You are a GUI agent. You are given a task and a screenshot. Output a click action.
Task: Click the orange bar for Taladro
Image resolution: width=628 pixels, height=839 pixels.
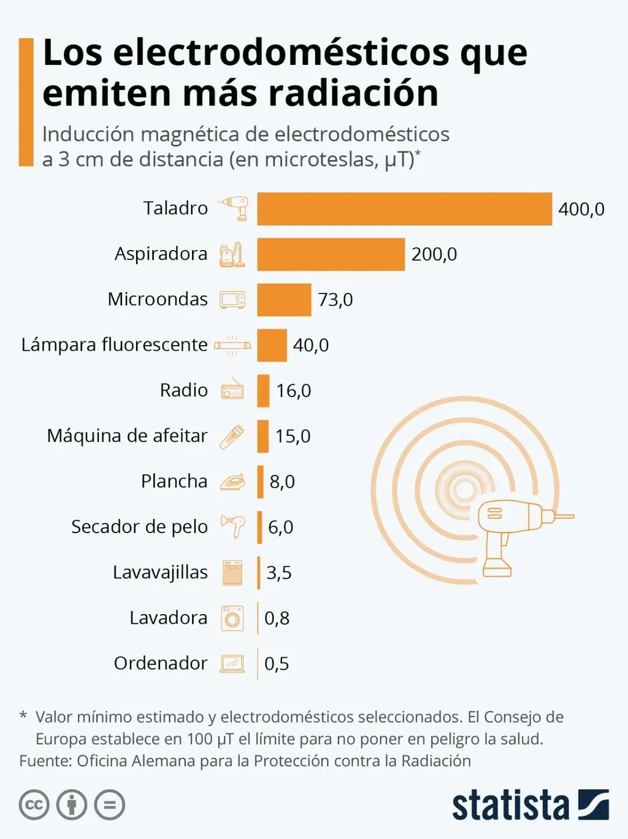coord(404,209)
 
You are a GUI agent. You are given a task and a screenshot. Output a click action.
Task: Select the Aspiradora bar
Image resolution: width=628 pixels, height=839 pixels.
coord(331,254)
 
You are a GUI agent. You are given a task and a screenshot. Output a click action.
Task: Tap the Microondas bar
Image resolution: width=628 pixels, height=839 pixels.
coord(284,300)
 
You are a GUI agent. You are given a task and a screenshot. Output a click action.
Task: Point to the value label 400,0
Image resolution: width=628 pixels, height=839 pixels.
coord(581,209)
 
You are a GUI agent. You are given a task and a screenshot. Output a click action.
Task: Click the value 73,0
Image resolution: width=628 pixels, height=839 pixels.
coord(335,300)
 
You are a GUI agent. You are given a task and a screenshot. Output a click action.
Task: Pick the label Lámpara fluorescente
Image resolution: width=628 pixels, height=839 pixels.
coord(114,344)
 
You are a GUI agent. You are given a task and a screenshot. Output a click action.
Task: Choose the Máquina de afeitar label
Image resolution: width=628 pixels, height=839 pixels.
coord(127,436)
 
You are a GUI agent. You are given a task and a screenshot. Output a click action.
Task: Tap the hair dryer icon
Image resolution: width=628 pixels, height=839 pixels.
coord(233,526)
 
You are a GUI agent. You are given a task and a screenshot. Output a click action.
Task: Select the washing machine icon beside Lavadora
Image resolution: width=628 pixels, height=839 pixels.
coord(232,618)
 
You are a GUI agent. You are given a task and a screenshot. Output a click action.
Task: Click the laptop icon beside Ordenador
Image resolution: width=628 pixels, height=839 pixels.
coord(232,664)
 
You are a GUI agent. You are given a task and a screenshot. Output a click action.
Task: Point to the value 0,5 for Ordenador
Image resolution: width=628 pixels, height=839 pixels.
coord(277,664)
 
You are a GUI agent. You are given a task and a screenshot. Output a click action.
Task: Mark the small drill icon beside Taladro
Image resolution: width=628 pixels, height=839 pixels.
coord(234,208)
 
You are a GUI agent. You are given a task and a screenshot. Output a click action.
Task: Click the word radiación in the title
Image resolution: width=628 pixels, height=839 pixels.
coord(353,93)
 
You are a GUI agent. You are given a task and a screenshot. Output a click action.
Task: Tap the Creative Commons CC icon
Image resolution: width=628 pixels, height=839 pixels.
coord(34,805)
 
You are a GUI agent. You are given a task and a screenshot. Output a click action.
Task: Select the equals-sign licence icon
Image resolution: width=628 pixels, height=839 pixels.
coord(110,805)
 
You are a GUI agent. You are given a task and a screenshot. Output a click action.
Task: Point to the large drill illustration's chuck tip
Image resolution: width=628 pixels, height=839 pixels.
coord(568,517)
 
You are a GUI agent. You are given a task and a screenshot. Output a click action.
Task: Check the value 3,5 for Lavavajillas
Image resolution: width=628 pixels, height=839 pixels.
coord(278,573)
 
